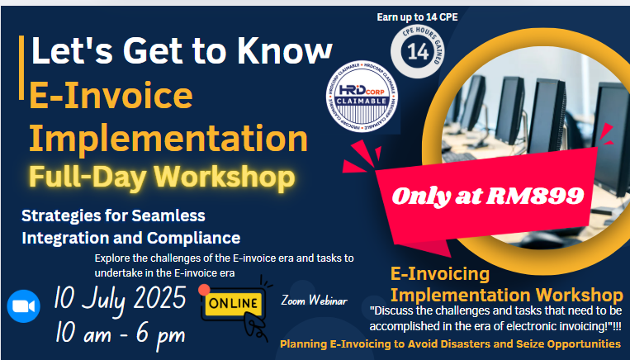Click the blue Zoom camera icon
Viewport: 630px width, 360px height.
coord(23,306)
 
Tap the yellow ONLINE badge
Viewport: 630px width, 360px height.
coord(233,303)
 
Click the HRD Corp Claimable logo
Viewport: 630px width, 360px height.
coord(362,96)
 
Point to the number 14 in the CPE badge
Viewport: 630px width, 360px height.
coord(418,51)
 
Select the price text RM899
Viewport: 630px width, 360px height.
coord(535,196)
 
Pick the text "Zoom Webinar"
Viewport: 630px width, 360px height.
coord(315,300)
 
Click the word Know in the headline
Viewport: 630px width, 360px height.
coord(284,50)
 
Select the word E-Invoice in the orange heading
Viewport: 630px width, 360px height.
coord(111,95)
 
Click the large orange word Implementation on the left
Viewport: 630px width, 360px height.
coord(168,138)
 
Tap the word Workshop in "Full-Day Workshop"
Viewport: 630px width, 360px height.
coord(225,177)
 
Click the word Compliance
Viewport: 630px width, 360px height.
coord(194,239)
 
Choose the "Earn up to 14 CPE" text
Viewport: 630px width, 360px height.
coord(417,17)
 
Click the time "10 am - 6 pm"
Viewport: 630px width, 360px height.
coord(120,334)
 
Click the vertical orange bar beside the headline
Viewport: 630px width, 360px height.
coord(21,68)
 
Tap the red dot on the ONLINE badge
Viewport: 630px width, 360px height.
coord(204,290)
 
